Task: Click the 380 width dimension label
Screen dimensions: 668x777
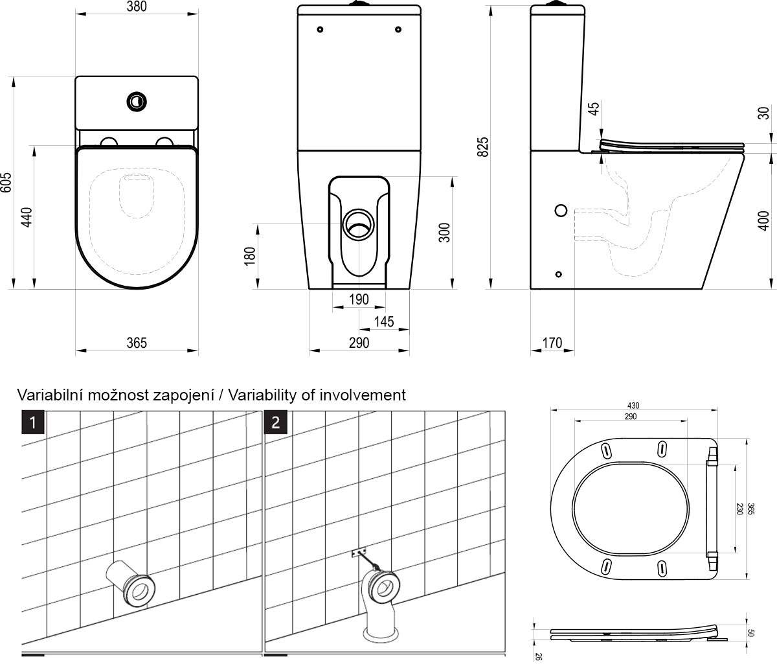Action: (x=136, y=7)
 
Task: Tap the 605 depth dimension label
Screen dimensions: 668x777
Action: (x=6, y=183)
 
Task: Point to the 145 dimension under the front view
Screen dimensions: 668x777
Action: (x=384, y=321)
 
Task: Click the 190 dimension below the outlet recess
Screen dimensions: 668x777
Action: (x=358, y=299)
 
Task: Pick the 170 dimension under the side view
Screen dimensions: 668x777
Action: (x=552, y=343)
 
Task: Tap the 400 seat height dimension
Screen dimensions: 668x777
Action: (x=764, y=220)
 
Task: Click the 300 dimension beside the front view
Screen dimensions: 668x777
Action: (x=444, y=232)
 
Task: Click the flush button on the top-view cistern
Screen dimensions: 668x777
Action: (x=137, y=100)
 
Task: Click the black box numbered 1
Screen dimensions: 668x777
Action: (x=33, y=422)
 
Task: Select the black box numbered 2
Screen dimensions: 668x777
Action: (x=276, y=422)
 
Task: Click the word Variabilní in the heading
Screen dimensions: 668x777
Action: (x=49, y=395)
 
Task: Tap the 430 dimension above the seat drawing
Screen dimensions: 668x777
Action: (x=633, y=406)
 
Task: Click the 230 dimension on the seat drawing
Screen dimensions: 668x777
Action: (x=739, y=509)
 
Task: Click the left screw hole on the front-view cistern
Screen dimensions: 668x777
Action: (x=321, y=29)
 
